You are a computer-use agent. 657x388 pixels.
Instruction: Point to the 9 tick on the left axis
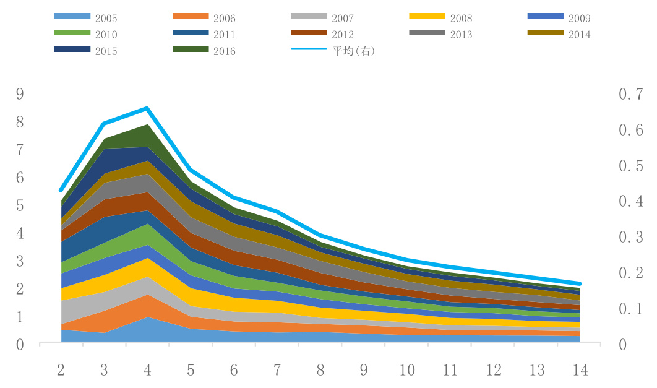pos(20,95)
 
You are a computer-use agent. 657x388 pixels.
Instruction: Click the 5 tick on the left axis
pos(20,206)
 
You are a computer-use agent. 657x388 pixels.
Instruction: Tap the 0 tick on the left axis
pos(20,345)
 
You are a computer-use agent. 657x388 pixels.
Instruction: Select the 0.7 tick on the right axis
pos(631,95)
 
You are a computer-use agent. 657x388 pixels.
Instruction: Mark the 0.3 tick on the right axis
pos(631,237)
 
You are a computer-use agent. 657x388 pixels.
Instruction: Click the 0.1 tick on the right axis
pos(631,309)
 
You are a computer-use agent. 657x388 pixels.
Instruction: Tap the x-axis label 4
pos(147,371)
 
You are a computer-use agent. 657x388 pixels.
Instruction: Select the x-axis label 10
pos(407,371)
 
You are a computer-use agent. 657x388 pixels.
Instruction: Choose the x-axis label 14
pos(580,371)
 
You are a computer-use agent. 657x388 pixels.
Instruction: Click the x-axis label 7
pos(277,371)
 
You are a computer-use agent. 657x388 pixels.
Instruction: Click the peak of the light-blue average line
pos(147,108)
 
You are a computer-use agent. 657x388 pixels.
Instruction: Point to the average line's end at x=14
pos(580,283)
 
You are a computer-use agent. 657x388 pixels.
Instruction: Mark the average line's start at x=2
pos(61,190)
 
